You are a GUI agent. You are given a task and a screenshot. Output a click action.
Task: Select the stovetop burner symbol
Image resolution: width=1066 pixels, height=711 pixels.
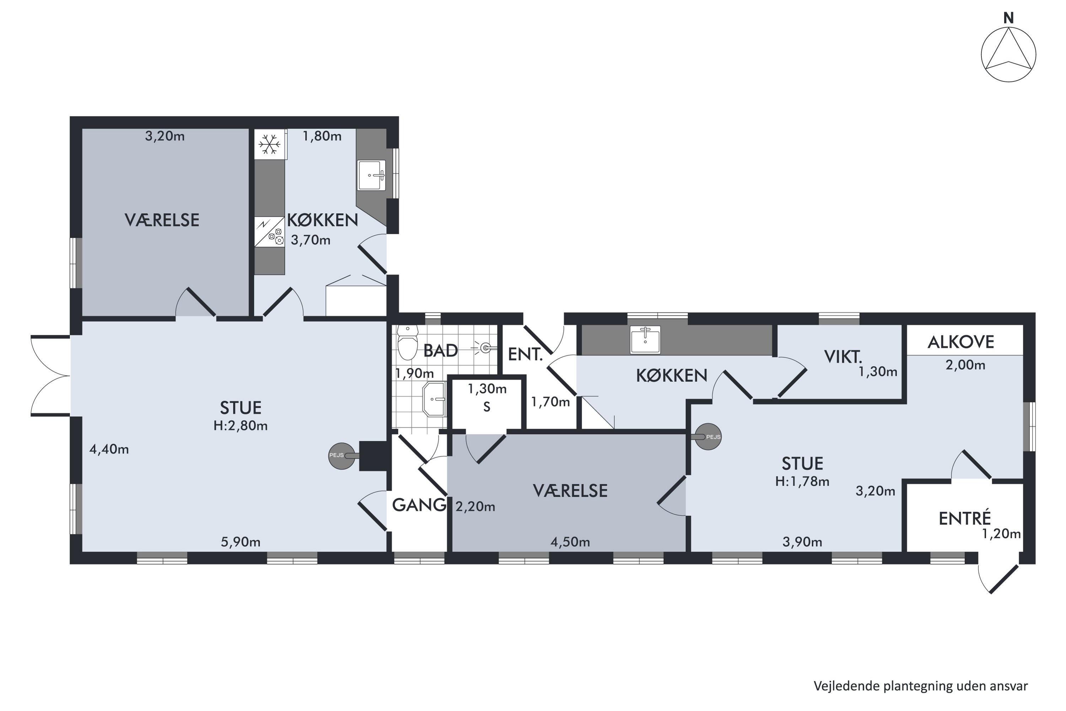[276, 236]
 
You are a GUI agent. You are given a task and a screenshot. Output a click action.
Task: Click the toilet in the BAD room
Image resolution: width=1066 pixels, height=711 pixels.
[408, 343]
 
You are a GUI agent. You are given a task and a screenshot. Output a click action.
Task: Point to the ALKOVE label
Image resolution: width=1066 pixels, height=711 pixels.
[961, 342]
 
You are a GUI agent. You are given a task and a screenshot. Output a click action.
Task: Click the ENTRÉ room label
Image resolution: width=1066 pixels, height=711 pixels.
[965, 518]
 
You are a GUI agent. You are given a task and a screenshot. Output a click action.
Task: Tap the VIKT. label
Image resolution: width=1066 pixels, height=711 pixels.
[843, 357]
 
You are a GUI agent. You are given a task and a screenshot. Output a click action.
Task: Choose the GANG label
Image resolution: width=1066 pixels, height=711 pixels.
[419, 505]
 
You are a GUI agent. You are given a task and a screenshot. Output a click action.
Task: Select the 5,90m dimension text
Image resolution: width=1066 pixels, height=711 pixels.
[241, 542]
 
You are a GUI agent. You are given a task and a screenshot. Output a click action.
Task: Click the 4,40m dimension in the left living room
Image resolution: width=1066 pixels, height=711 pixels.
[109, 449]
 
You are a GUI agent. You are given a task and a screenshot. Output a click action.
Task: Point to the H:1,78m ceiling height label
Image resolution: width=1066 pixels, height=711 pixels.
[802, 481]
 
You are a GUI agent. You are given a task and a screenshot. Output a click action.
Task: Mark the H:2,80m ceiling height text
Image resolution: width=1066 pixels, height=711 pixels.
[241, 426]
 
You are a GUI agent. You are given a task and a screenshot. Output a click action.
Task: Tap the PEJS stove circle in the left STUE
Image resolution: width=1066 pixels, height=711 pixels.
[342, 456]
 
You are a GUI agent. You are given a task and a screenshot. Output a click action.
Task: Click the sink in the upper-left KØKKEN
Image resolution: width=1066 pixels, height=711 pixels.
[372, 175]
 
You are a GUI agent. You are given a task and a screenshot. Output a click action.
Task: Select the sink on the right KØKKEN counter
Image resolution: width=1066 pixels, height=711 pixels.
[645, 340]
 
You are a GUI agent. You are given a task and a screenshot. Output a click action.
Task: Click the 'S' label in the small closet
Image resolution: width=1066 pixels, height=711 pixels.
[487, 407]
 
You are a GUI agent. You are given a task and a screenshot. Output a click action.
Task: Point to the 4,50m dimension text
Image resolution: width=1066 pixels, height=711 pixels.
[570, 542]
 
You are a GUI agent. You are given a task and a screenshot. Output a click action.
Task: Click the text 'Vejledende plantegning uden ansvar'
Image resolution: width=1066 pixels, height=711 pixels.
[921, 686]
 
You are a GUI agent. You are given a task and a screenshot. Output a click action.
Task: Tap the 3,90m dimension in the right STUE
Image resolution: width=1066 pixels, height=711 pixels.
[802, 542]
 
